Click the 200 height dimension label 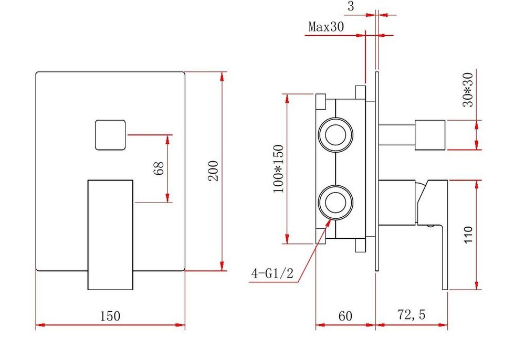coord(213,170)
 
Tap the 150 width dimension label coord(110,316)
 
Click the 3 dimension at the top coord(350,7)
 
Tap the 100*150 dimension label coord(278,168)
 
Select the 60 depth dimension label coord(344,316)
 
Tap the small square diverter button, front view coord(110,134)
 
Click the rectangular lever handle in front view coord(110,234)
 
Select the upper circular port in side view coord(334,134)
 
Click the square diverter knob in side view coord(430,135)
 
